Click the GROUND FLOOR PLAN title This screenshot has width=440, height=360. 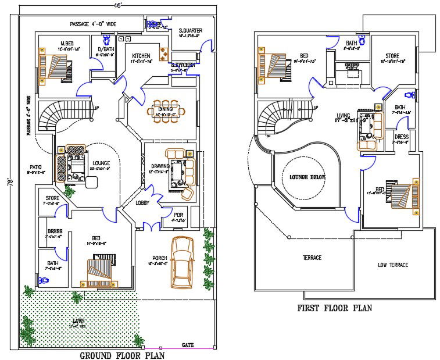[121, 355]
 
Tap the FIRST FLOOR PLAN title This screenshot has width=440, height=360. [334, 308]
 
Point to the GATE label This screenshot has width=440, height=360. [188, 345]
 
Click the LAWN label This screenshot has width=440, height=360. [78, 320]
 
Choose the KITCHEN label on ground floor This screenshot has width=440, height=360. [141, 56]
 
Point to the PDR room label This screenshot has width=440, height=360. [178, 215]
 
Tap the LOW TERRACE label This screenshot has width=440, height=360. [392, 265]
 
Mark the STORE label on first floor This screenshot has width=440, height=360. [390, 56]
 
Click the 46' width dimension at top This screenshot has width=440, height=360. [118, 4]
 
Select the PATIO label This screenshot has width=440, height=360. [36, 166]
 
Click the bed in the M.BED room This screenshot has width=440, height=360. [52, 63]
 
